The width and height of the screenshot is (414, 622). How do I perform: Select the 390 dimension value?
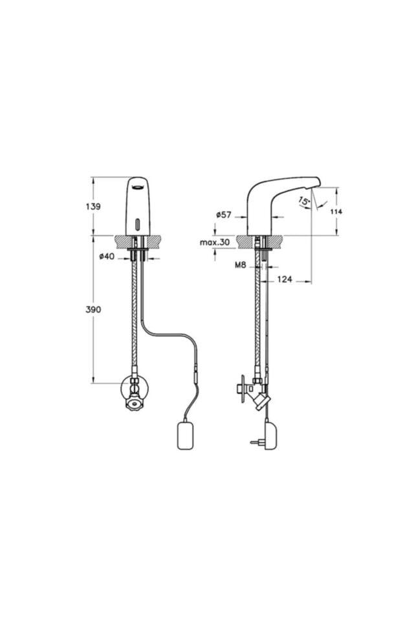pyautogui.click(x=94, y=310)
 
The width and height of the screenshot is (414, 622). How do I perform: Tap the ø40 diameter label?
pyautogui.click(x=107, y=257)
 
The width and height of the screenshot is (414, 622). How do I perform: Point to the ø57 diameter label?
pyautogui.click(x=224, y=215)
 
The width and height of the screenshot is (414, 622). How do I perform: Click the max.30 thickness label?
pyautogui.click(x=215, y=242)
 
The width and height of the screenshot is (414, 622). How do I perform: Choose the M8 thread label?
pyautogui.click(x=241, y=265)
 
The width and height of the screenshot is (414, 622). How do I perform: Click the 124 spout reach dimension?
pyautogui.click(x=285, y=279)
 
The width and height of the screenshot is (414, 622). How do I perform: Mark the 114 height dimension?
pyautogui.click(x=336, y=212)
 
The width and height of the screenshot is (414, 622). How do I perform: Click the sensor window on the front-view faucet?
pyautogui.click(x=137, y=225)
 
